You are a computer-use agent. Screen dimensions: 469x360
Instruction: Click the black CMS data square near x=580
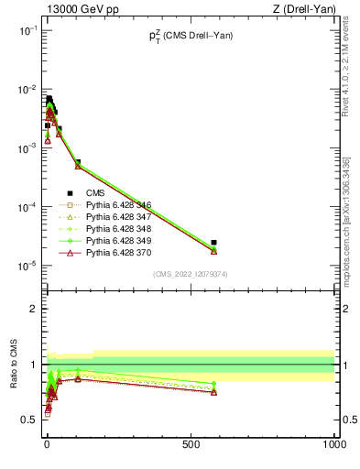click(213, 243)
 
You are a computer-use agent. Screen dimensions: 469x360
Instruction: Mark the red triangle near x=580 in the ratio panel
click(213, 392)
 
